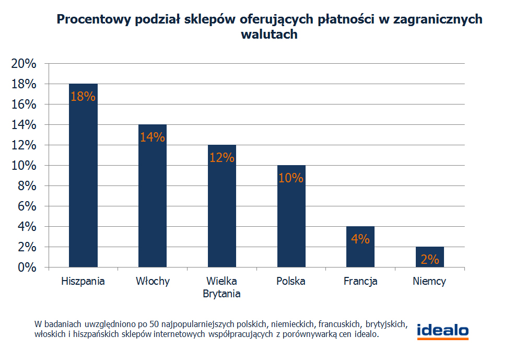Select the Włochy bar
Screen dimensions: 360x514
click(x=153, y=199)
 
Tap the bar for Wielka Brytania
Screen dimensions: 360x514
click(x=222, y=209)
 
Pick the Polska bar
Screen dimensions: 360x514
click(x=291, y=219)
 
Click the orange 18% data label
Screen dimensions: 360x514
click(x=83, y=97)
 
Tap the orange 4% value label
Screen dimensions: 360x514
click(x=360, y=239)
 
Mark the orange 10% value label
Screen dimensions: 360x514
click(x=291, y=178)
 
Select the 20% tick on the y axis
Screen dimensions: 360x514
click(x=24, y=64)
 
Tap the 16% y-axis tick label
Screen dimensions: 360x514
click(x=24, y=104)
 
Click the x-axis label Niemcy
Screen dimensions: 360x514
click(x=429, y=282)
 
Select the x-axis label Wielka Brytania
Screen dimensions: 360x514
click(x=222, y=287)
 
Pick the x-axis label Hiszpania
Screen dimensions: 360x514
click(x=83, y=282)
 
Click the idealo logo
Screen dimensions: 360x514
click(x=442, y=331)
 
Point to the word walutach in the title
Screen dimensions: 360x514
click(x=269, y=34)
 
